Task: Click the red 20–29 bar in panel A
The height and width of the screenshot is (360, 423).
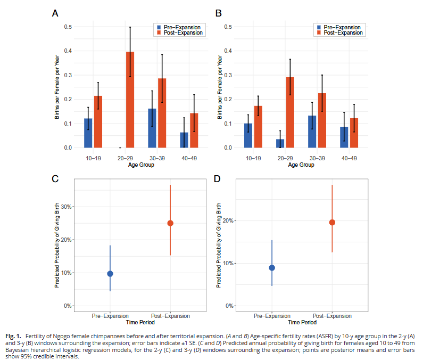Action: pos(130,100)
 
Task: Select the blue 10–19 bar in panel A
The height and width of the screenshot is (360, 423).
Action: pos(88,133)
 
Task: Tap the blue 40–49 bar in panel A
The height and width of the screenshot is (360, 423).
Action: pos(184,140)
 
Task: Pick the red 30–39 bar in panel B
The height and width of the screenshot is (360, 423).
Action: pos(321,120)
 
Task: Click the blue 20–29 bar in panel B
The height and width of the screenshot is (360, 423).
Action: pos(280,143)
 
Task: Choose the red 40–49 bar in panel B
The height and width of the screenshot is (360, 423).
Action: pos(354,133)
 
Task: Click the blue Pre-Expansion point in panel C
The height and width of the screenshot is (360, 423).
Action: pos(110,274)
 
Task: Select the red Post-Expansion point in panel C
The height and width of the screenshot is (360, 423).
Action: pos(170,223)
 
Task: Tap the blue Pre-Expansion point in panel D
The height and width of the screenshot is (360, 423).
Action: pos(272,268)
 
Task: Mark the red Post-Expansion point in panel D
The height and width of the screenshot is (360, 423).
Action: pos(332,222)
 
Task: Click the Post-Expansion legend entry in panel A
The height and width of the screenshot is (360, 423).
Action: pos(181,33)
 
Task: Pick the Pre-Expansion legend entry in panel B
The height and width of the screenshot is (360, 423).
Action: pos(341,27)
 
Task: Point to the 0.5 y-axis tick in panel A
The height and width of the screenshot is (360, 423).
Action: pos(69,27)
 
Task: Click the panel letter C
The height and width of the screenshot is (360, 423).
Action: pos(55,178)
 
